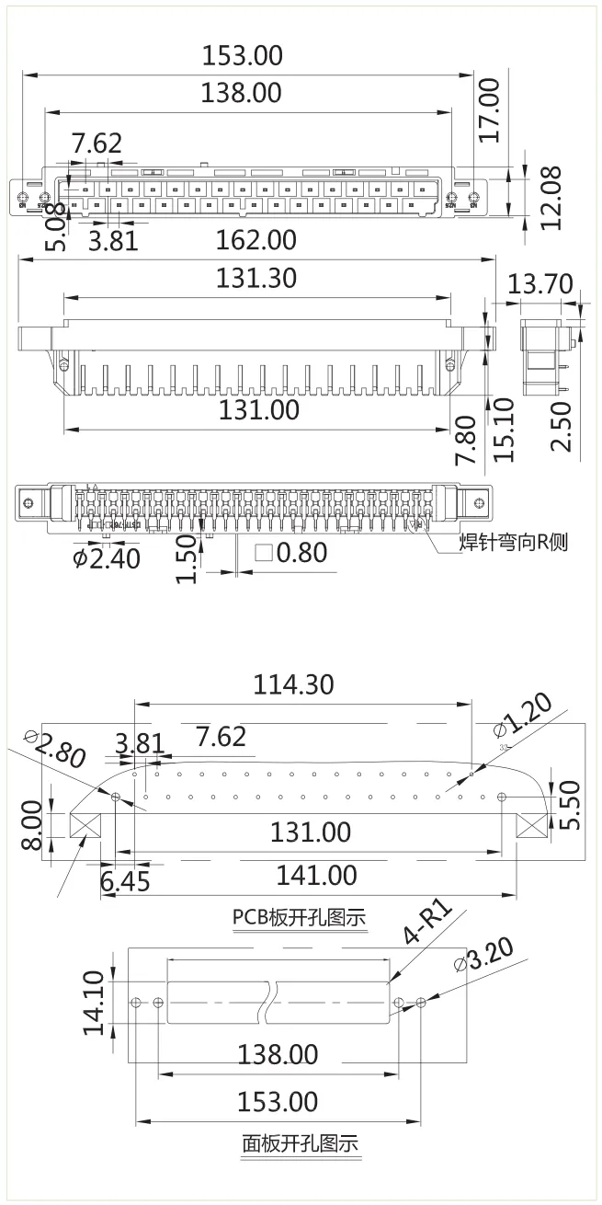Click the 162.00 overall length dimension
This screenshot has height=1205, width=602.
click(x=256, y=241)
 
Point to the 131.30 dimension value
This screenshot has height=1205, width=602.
click(x=256, y=277)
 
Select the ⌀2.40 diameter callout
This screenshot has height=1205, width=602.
click(x=107, y=557)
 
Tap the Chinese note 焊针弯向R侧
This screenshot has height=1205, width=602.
click(x=514, y=541)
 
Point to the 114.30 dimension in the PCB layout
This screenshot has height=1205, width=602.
click(x=294, y=684)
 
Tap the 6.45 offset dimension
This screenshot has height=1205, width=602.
click(x=125, y=881)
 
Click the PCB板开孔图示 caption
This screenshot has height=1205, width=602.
click(x=299, y=917)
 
